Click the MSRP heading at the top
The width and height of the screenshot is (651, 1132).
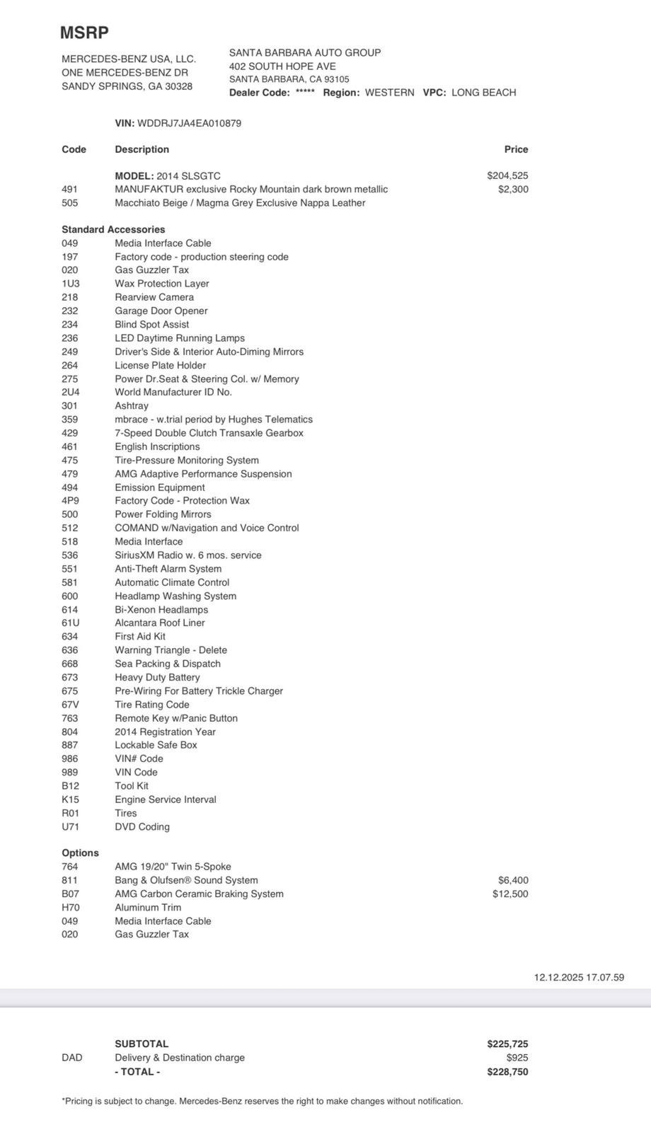(84, 33)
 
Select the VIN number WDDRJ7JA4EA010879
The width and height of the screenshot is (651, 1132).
(189, 123)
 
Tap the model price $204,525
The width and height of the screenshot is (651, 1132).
(507, 175)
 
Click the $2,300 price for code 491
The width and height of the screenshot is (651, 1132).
(513, 189)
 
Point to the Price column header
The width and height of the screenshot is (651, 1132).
(516, 149)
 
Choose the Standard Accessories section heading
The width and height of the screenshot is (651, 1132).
(113, 229)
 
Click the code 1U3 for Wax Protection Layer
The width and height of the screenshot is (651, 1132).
(70, 284)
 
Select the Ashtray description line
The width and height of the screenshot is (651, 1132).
(132, 406)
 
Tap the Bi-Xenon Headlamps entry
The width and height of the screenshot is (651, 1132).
(161, 610)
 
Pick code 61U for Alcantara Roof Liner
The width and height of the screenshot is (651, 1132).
(70, 623)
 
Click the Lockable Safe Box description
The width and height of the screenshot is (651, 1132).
(156, 745)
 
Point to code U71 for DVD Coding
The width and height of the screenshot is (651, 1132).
(70, 827)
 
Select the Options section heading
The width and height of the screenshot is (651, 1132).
(80, 853)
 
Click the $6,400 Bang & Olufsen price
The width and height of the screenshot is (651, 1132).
(513, 880)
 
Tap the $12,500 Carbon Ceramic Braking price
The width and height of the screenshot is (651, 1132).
(510, 894)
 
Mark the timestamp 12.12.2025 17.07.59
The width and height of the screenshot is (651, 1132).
(579, 978)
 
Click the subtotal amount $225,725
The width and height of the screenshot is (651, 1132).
(507, 1044)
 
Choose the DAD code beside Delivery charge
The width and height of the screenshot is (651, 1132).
(71, 1058)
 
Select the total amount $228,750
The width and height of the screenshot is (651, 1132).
(507, 1072)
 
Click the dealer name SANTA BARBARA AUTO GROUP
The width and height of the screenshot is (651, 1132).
(305, 52)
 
